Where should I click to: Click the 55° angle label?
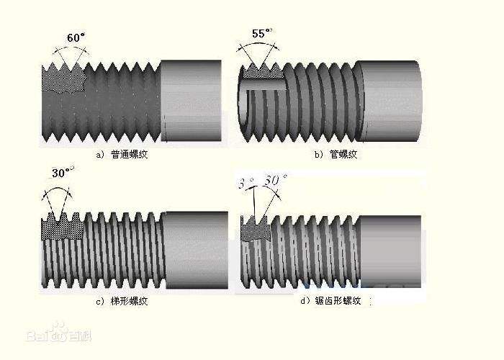point(263,33)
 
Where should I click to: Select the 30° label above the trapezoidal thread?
point(63,174)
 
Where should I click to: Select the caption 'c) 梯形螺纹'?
point(121,300)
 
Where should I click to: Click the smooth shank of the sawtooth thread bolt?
point(390,249)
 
